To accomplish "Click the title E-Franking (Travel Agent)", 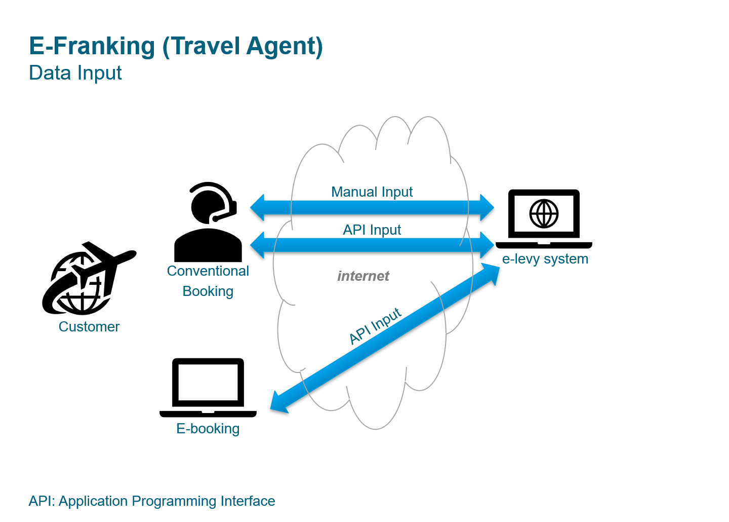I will pos(176,46).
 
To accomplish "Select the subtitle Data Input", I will pos(75,73).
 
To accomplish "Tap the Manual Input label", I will pos(372,192).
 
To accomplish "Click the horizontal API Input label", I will pos(372,230).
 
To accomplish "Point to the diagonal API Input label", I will pos(375,326).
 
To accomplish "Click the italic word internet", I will pos(363,276).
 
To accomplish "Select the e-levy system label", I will pos(545,259).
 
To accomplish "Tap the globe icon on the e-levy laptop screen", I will pos(544,213).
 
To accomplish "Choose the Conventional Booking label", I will pos(208,281).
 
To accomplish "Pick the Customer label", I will pos(89,327).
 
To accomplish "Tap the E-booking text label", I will pos(208,429).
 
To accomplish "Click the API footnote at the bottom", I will pos(152,501).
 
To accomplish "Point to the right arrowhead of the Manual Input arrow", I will pos(486,207).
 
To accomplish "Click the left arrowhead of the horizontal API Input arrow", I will pos(258,245).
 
